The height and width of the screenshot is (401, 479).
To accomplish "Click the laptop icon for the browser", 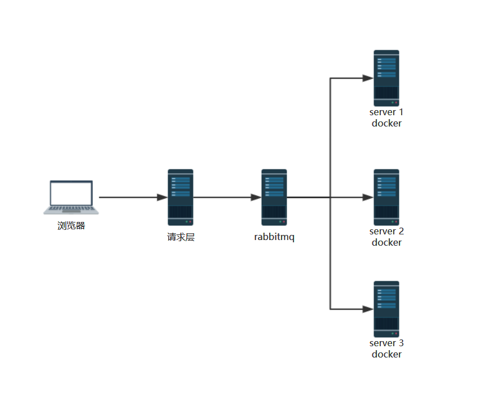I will tap(71, 197).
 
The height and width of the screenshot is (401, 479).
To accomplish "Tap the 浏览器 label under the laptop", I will tap(71, 226).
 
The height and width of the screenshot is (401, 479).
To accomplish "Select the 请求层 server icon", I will tap(181, 197).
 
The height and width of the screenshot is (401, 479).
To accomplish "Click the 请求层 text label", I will tap(181, 237).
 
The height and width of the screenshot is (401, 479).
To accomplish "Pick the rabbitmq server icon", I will tap(274, 197).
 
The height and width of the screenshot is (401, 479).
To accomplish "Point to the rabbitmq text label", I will tap(274, 237).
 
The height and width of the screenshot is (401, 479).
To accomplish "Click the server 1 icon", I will tap(386, 78).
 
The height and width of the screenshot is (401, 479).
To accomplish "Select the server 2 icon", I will tap(386, 197).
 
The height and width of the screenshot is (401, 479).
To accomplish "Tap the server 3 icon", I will tap(386, 309).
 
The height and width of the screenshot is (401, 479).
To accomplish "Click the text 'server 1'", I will tap(386, 112).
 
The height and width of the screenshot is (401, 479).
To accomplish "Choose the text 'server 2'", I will tap(386, 232).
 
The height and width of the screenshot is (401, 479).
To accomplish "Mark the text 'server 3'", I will tap(386, 343).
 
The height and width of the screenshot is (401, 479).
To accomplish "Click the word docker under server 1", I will tap(386, 123).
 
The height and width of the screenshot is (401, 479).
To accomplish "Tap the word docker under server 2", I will tap(386, 242).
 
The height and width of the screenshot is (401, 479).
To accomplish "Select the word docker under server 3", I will tap(386, 354).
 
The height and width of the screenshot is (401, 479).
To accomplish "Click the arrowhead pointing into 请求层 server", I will tap(162, 197).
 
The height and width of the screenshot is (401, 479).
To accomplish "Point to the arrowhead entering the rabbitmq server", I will tap(256, 197).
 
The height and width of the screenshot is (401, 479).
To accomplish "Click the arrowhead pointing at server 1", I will tap(368, 78).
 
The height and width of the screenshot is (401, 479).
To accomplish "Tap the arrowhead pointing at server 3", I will tap(368, 309).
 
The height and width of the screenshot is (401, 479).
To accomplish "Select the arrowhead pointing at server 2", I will tap(368, 197).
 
